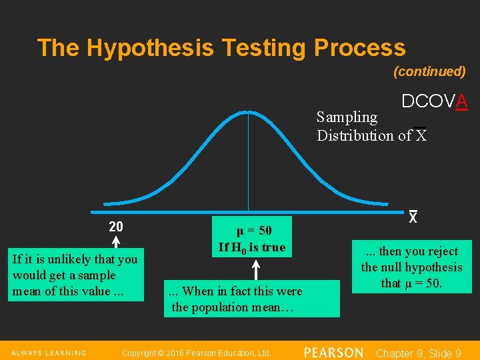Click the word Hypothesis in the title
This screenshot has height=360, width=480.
[150, 48]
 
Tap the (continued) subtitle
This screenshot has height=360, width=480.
[429, 71]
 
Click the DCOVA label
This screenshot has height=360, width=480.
[434, 101]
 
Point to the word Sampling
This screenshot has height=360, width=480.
[347, 117]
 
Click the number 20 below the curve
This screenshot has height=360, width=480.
[115, 226]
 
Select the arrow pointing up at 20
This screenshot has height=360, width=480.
[115, 243]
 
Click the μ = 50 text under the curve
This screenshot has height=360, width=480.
[253, 231]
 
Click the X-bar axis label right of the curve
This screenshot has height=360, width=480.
[413, 217]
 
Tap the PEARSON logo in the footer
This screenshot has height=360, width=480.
[333, 352]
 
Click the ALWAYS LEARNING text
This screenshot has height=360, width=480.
[48, 353]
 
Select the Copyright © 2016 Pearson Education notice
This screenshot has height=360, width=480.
[197, 353]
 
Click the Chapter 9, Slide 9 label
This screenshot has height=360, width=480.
[419, 353]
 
